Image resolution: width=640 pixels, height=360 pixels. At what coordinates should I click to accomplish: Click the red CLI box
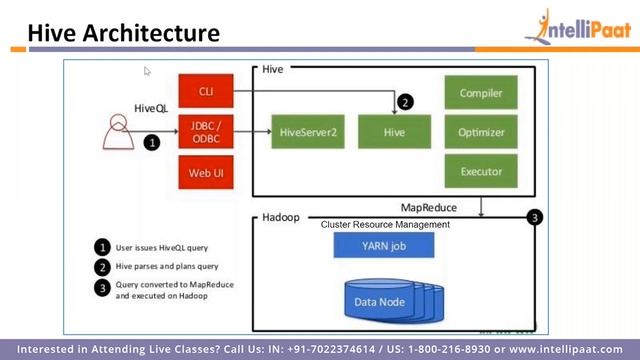click(x=206, y=92)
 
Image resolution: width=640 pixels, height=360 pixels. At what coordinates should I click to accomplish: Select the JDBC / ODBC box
click(x=206, y=132)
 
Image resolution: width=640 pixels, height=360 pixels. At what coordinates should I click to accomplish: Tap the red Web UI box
click(x=206, y=173)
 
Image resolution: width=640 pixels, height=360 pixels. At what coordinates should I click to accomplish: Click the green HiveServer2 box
click(x=307, y=132)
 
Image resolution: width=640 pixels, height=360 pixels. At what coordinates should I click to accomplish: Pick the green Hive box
click(x=394, y=132)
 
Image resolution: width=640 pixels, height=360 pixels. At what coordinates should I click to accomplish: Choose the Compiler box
click(x=481, y=93)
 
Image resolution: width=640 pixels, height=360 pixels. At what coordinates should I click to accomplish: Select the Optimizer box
click(x=481, y=132)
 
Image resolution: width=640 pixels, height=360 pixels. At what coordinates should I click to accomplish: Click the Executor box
click(x=481, y=171)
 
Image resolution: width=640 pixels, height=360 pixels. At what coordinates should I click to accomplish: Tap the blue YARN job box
click(x=384, y=245)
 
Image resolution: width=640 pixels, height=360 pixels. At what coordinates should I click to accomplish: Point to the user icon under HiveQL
click(x=119, y=133)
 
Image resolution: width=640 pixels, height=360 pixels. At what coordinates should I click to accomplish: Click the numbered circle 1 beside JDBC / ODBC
click(x=152, y=143)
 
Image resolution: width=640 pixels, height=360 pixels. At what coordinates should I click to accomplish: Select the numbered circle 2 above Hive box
click(x=405, y=102)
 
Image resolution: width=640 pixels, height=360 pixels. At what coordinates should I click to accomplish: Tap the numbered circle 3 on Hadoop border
click(x=535, y=217)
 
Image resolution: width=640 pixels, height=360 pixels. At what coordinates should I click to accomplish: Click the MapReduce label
click(x=429, y=207)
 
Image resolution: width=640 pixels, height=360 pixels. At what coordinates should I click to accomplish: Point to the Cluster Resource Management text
click(x=385, y=225)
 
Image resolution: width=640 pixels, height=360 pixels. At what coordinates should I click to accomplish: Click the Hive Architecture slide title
click(x=123, y=33)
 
